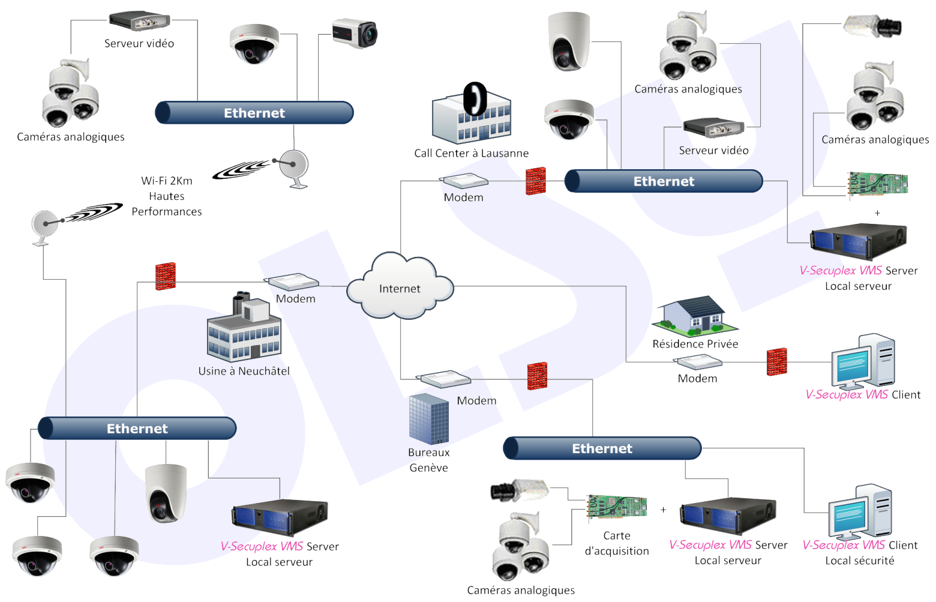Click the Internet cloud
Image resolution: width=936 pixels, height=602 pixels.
[400, 287]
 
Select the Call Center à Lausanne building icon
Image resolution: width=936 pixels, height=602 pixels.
[472, 114]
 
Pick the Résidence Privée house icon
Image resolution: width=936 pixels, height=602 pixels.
[695, 315]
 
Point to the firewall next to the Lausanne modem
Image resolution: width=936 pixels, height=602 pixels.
[536, 181]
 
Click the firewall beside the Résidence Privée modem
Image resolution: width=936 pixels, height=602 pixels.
[776, 362]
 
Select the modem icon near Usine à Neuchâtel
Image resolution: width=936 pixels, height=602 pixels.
[293, 281]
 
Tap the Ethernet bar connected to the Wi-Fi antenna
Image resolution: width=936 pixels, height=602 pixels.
[254, 113]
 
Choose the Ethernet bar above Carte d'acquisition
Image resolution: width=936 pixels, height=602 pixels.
[602, 448]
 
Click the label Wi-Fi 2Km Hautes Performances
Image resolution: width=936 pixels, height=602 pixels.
[167, 196]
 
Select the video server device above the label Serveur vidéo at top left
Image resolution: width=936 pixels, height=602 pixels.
[140, 21]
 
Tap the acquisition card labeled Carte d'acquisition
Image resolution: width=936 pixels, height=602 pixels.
[616, 506]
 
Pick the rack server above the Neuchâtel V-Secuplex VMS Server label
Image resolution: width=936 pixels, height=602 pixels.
[280, 517]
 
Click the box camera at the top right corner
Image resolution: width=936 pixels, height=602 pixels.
[872, 26]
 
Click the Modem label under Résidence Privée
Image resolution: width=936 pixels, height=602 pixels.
[697, 379]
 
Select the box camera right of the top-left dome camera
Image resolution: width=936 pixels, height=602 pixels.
[355, 33]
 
